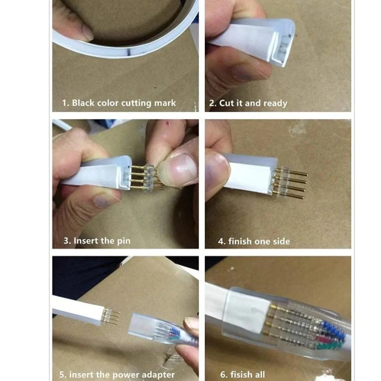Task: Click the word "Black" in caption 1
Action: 83,103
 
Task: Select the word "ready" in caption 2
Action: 275,103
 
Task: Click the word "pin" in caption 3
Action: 123,241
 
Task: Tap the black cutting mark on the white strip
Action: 129,53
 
